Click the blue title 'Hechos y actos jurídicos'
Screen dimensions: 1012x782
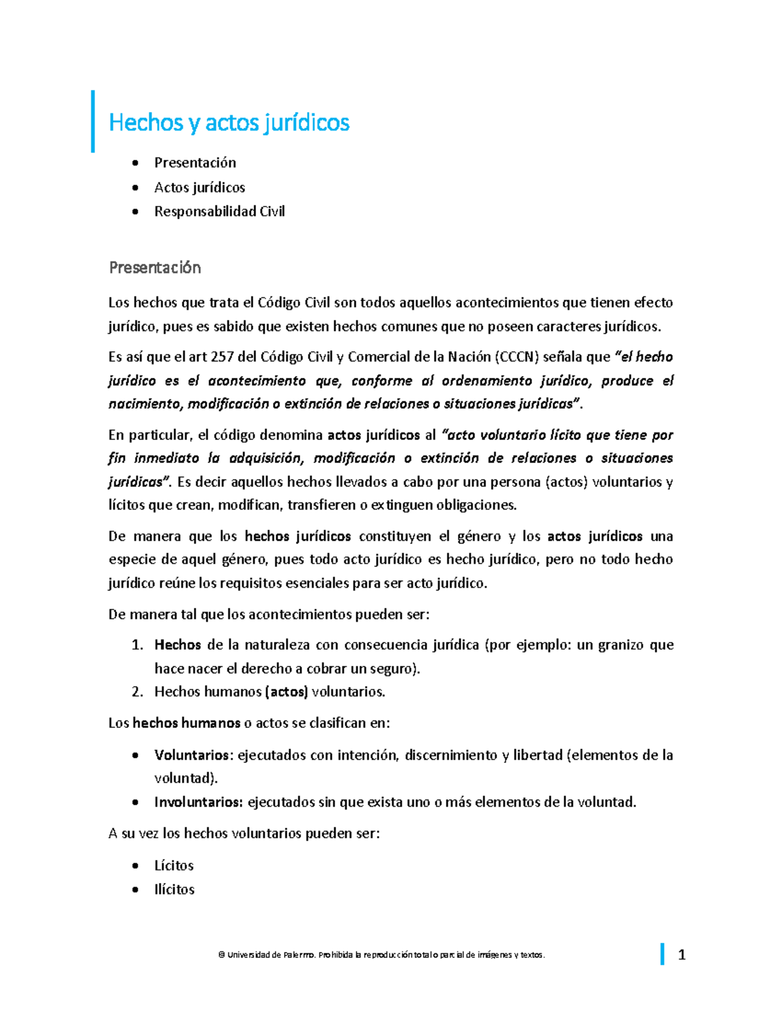pyautogui.click(x=229, y=122)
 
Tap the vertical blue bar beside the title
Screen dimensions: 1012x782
pyautogui.click(x=93, y=121)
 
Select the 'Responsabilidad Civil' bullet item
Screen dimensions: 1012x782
pyautogui.click(x=219, y=211)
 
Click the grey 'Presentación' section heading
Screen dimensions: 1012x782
pyautogui.click(x=154, y=267)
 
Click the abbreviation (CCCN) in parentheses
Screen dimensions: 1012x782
pyautogui.click(x=517, y=356)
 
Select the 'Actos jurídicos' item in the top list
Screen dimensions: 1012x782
pyautogui.click(x=199, y=187)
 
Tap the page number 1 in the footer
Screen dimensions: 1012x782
pyautogui.click(x=682, y=955)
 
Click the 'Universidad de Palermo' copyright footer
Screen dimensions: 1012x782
pyautogui.click(x=381, y=955)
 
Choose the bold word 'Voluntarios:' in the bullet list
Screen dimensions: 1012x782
pyautogui.click(x=193, y=755)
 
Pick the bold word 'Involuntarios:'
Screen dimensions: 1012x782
pyautogui.click(x=199, y=802)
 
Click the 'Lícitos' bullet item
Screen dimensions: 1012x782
pyautogui.click(x=174, y=865)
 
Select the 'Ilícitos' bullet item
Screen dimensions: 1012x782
pyautogui.click(x=174, y=889)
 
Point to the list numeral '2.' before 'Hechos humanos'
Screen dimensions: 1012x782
pyautogui.click(x=137, y=691)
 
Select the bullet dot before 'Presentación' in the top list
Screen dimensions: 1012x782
pyautogui.click(x=135, y=162)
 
